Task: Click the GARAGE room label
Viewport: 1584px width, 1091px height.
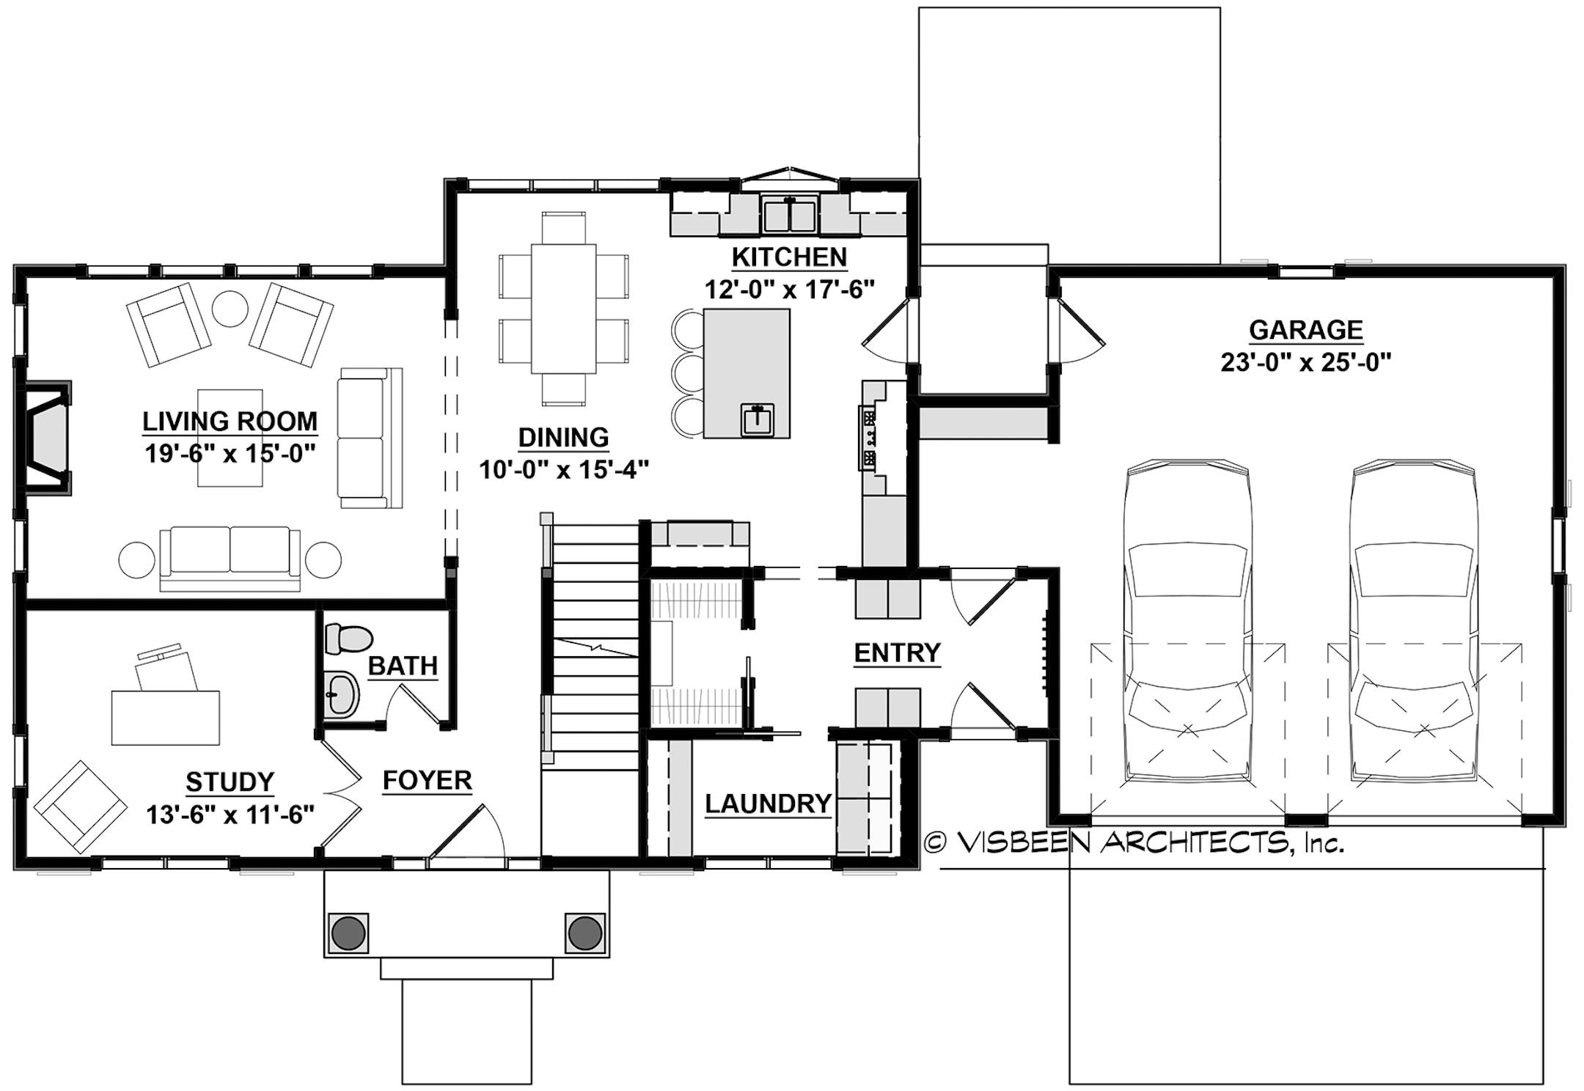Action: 1305,330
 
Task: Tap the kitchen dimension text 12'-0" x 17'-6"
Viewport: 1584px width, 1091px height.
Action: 790,290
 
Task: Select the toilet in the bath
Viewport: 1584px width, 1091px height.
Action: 348,639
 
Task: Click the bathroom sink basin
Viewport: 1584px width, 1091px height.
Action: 341,692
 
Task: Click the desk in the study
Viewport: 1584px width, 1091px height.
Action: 166,717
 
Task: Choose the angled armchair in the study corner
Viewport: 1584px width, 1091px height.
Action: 79,807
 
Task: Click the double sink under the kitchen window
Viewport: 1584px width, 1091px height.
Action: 790,215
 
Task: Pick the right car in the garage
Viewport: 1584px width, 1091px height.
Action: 1414,623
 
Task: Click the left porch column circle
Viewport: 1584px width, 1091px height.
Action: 348,933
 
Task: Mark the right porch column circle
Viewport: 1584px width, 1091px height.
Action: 584,933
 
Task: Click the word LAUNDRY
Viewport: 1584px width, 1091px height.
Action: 768,804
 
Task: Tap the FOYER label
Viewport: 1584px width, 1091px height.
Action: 427,780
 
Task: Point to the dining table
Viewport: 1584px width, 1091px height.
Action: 563,308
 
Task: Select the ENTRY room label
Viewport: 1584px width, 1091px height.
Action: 897,653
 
